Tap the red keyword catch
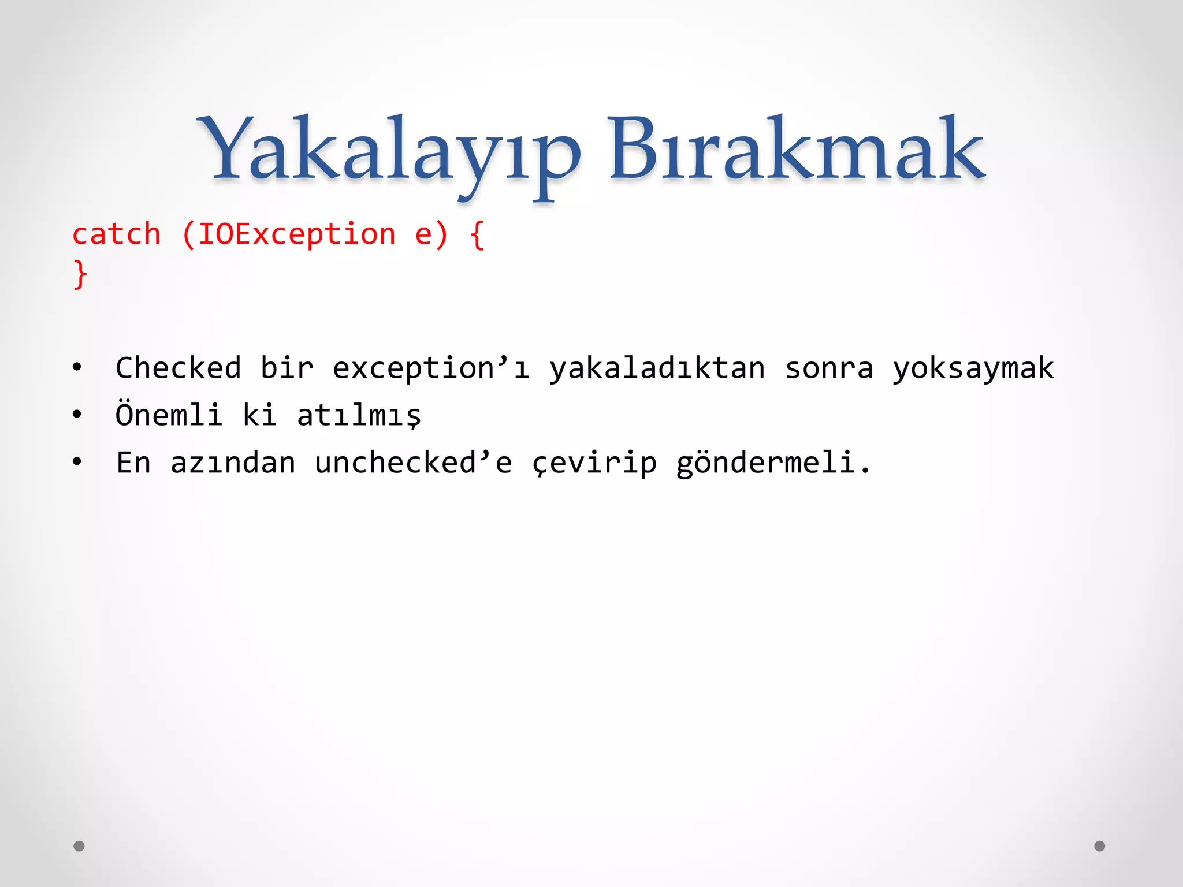tap(116, 234)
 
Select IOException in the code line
tap(296, 234)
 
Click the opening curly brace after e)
tap(477, 236)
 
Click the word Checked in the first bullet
tap(178, 368)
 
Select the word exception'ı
tap(430, 369)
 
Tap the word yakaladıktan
tap(657, 369)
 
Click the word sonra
tap(829, 369)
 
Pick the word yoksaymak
tap(973, 369)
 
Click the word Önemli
tap(169, 415)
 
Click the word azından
tap(233, 463)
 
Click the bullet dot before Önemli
tap(77, 415)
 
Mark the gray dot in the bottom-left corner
tap(79, 846)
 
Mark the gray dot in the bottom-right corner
tap(1100, 846)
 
